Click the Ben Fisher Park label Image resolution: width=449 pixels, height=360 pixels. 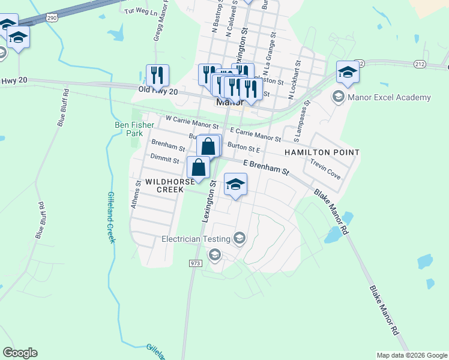click(134, 129)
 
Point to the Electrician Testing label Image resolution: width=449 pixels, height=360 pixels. click(196, 239)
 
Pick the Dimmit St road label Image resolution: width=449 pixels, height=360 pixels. click(164, 160)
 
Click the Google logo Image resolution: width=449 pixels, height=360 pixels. click(20, 353)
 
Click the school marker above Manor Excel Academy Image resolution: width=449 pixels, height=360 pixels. click(348, 73)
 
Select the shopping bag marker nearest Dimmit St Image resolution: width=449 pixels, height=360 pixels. click(199, 167)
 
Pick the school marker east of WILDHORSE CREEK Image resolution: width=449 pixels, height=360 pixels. click(236, 185)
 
